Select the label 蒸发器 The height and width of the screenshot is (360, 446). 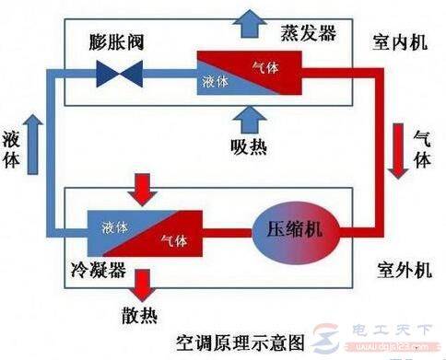coord(306,34)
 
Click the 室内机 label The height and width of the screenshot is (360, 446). coord(398,42)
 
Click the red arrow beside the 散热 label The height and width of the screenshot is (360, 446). coord(142,282)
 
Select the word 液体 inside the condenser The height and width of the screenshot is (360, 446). coord(114,225)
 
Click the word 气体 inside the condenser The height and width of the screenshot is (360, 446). coord(172,240)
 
